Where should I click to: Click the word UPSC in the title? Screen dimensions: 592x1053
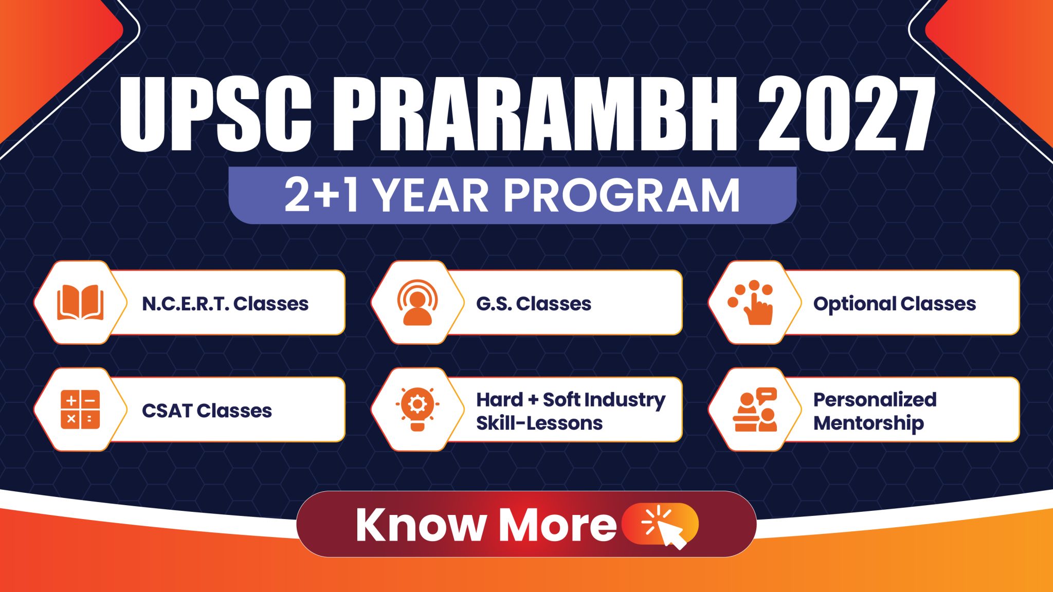click(x=215, y=114)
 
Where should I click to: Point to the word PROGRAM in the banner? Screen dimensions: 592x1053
click(x=622, y=196)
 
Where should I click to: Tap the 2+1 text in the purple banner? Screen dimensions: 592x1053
click(x=321, y=196)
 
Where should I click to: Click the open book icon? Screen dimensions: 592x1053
click(x=80, y=303)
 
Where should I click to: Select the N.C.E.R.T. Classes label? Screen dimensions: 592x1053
click(x=225, y=304)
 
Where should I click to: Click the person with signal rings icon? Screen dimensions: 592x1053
click(x=417, y=303)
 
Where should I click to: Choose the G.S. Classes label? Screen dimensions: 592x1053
click(x=534, y=304)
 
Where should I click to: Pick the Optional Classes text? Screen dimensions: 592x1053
click(x=894, y=304)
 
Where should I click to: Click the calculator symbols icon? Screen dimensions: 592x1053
click(x=80, y=410)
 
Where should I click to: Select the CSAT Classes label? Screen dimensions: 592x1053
click(x=207, y=411)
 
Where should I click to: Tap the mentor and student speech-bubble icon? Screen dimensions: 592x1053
click(x=755, y=410)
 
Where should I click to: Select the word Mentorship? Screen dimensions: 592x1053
click(x=868, y=423)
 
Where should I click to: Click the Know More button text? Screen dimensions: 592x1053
click(x=485, y=525)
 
